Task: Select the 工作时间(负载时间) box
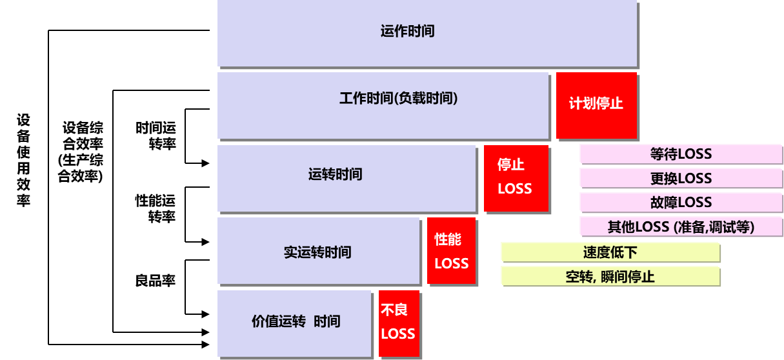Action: point(383,105)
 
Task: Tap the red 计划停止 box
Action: point(596,105)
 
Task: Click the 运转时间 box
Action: point(347,178)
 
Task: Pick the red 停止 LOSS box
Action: point(516,177)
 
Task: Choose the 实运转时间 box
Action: point(319,251)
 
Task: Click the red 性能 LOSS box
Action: point(451,250)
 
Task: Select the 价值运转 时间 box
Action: point(294,323)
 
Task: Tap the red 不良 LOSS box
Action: point(398,323)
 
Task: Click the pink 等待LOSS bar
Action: point(681,154)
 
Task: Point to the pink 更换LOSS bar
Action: point(681,178)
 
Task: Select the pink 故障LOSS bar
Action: point(681,202)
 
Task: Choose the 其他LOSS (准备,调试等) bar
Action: point(681,226)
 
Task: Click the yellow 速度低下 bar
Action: point(610,252)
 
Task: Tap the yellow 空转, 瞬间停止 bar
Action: point(610,277)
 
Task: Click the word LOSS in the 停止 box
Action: point(515,189)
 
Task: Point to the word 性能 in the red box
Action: point(448,240)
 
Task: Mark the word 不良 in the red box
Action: point(394,310)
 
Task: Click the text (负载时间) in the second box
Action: point(426,99)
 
